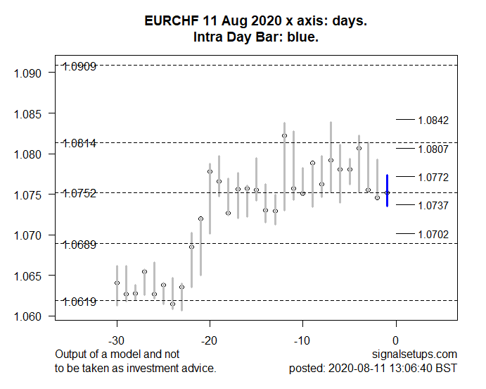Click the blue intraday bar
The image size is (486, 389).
(x=387, y=190)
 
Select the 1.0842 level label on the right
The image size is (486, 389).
(x=433, y=121)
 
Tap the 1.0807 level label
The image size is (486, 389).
(x=433, y=149)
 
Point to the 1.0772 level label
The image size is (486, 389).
(x=433, y=177)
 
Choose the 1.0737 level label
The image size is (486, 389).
(x=433, y=205)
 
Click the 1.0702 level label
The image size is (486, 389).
(x=433, y=234)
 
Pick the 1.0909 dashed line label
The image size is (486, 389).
(x=79, y=67)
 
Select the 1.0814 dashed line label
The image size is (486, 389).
(x=79, y=144)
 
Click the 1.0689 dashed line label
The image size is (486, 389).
(x=79, y=245)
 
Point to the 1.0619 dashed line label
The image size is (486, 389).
(x=79, y=302)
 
